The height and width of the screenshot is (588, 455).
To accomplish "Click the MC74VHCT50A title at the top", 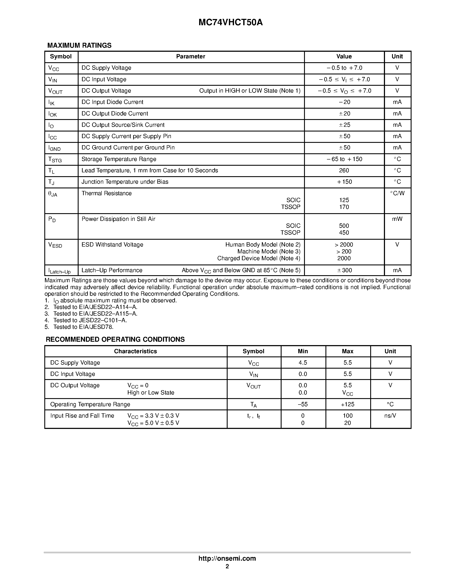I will (230, 23).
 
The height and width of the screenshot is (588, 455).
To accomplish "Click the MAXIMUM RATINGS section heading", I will (79, 46).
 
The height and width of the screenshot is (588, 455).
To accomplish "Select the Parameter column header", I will (191, 56).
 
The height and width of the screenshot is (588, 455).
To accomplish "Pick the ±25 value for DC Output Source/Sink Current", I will (344, 125).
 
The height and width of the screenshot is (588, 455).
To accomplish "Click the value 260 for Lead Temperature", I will (344, 170).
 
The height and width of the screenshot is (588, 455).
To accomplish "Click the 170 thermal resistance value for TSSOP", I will (344, 207).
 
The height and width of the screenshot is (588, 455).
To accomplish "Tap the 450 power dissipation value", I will (344, 233).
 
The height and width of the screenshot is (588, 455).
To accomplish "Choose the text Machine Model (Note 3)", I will (269, 251).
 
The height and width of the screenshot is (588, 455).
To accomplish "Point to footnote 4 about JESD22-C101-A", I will (90, 320).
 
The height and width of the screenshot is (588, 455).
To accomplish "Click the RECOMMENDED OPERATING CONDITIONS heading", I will (115, 340).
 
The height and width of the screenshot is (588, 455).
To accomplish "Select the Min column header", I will (303, 351).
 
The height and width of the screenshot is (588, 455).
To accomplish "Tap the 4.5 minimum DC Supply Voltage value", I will (303, 363).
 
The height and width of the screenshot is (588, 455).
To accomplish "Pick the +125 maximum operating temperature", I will (348, 404).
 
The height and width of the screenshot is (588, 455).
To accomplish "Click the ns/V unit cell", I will (390, 416).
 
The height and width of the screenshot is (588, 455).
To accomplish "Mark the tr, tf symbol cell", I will (253, 416).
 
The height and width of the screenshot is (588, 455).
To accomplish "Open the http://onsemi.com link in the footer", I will (227, 558).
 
